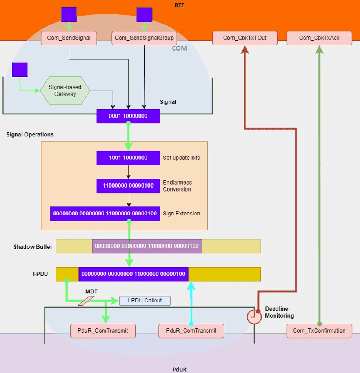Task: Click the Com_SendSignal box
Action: pos(69,38)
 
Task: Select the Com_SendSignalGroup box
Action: pos(144,38)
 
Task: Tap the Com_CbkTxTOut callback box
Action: pos(245,38)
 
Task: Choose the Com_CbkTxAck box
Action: pos(319,38)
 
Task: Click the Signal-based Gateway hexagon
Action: pos(65,91)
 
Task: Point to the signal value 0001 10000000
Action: pos(128,116)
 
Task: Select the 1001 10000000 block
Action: pos(128,158)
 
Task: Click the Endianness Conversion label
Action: pos(177,186)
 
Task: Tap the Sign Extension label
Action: pos(181,214)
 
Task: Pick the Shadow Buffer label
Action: pos(33,247)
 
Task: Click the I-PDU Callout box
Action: pos(145,301)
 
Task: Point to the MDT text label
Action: pos(91,292)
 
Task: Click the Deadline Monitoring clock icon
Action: pos(254,317)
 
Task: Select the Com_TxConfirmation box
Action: pos(319,331)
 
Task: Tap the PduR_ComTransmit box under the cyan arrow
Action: pos(191,331)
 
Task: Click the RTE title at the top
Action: pos(180,5)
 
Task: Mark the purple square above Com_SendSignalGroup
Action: pos(144,14)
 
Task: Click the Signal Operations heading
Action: pos(30,134)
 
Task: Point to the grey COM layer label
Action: pos(179,48)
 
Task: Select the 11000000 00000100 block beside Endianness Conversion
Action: pos(128,186)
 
